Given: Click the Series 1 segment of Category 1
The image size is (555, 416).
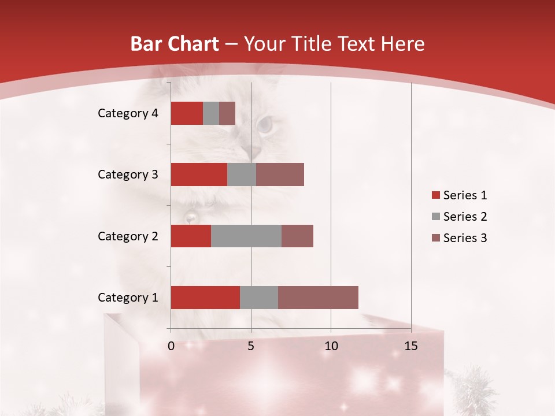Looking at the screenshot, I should (x=205, y=297).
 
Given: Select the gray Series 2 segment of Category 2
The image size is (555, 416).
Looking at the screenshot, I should (x=246, y=236).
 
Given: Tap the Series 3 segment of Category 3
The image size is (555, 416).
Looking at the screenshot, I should (x=280, y=174).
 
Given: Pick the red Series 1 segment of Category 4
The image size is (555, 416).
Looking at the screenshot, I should (x=187, y=113).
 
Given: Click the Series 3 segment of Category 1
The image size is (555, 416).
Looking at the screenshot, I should (x=318, y=297).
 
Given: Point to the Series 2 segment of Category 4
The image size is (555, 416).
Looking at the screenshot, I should (x=211, y=113).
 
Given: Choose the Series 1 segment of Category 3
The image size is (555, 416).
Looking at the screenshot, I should (x=199, y=174).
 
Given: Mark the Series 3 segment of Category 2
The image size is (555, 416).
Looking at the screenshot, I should (x=297, y=236).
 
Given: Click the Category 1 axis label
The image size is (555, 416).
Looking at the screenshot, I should (x=127, y=298).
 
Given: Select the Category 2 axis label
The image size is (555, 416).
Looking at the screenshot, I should (x=127, y=236).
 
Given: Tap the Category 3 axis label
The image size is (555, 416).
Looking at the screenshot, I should (x=127, y=174).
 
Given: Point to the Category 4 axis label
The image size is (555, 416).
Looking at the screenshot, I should (x=127, y=113).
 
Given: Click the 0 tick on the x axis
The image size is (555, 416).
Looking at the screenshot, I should (x=171, y=346).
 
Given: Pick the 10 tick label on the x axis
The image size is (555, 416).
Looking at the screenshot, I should (x=331, y=346).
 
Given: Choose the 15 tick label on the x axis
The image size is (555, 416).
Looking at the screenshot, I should (x=411, y=346).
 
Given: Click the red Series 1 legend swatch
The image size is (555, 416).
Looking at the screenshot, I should (x=436, y=195).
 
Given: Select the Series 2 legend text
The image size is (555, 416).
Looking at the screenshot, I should (x=465, y=217).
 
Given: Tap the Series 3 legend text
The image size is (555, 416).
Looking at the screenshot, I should (x=465, y=238).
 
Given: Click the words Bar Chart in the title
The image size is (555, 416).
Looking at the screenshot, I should (x=175, y=44).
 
